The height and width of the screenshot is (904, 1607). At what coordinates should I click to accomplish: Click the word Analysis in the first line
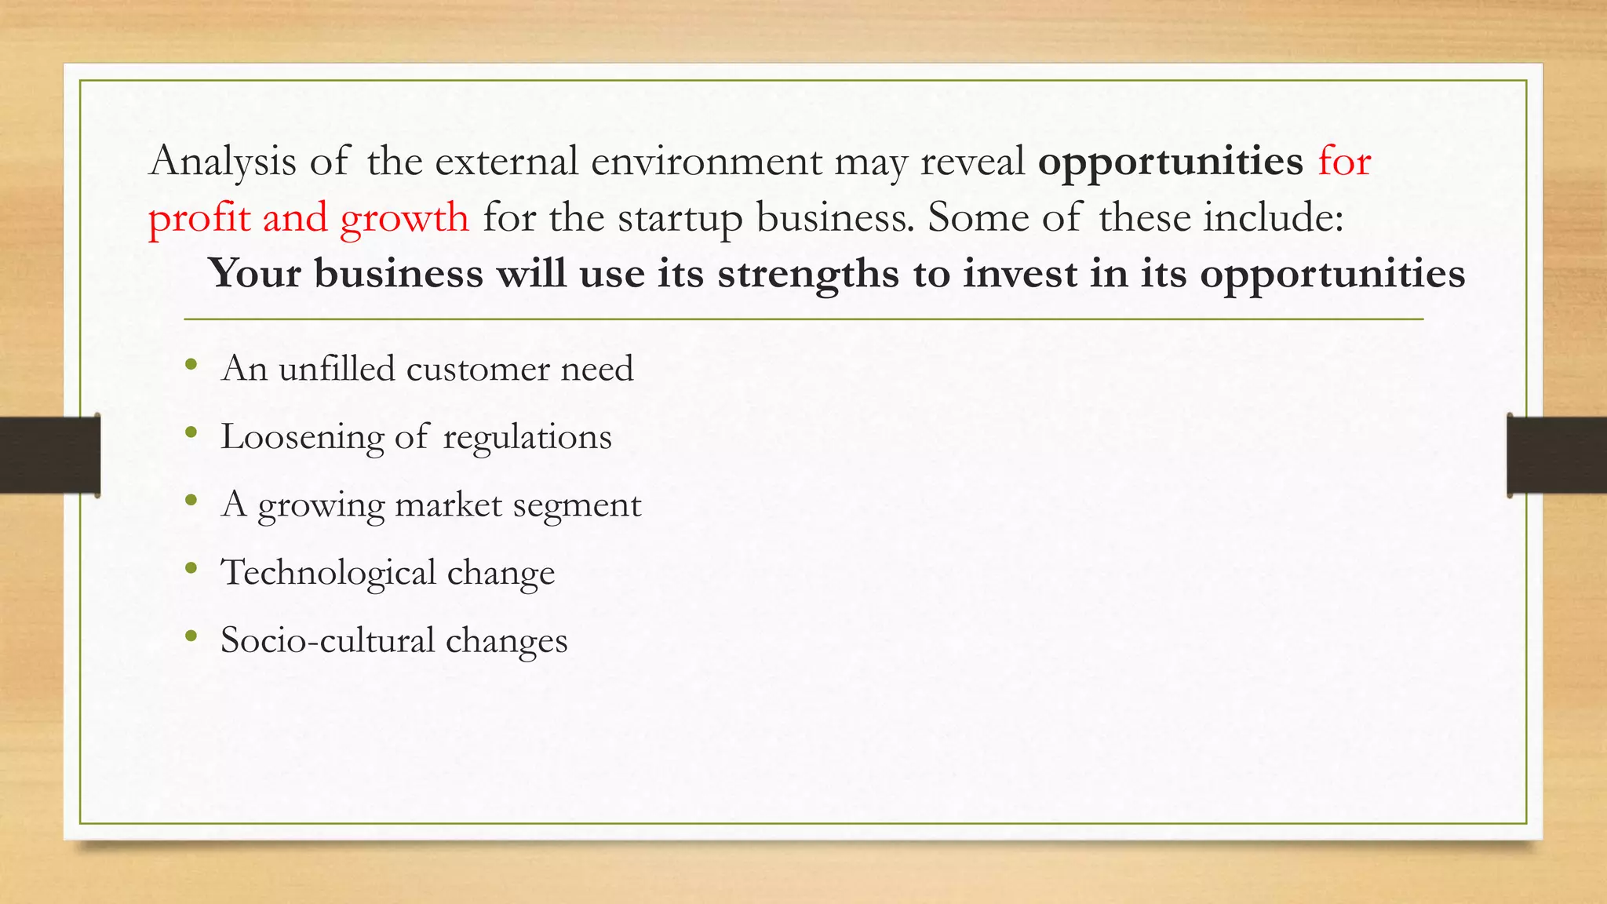[223, 162]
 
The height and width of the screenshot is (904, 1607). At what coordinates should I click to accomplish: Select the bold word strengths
[807, 275]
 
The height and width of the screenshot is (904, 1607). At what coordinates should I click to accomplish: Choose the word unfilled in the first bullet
[337, 368]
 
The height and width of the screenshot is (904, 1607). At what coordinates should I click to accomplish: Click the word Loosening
[302, 438]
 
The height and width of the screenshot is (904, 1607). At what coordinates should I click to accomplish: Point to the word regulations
[527, 438]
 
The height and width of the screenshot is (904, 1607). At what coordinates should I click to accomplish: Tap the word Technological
[328, 573]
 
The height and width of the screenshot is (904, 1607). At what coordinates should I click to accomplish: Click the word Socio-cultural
[327, 640]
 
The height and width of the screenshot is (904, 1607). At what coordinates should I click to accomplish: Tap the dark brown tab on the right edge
[1557, 455]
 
